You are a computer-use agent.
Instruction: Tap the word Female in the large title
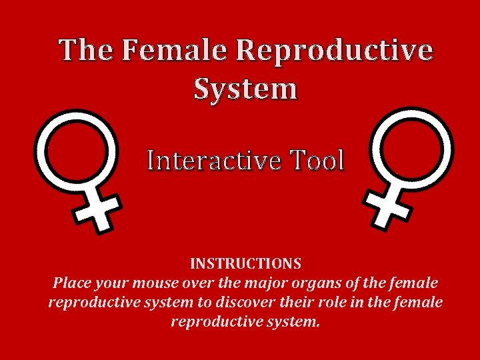175,51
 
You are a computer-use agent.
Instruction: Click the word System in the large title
245,88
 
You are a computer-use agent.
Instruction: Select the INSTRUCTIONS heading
245,264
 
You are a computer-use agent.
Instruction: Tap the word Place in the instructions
71,283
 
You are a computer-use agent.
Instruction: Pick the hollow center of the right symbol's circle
411,148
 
